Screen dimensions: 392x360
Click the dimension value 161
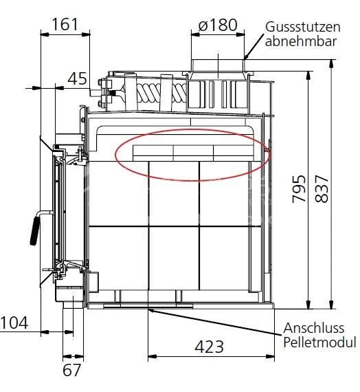(65, 25)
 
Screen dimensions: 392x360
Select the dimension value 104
(14, 322)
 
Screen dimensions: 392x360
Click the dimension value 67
(71, 369)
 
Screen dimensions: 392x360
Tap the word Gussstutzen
(303, 27)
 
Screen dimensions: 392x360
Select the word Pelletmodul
(319, 342)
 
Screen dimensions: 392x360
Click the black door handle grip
(35, 229)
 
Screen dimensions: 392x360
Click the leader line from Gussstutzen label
(254, 47)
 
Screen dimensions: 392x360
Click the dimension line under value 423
(209, 356)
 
